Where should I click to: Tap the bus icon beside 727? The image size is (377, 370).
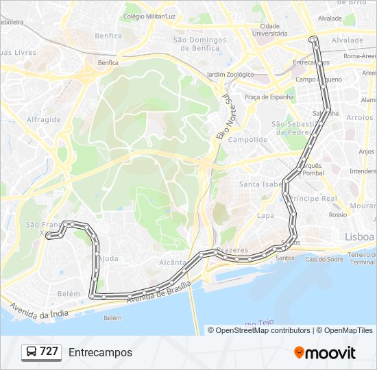tap(31, 352)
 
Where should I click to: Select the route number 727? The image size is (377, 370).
tap(49, 351)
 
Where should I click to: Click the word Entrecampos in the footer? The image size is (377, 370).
tap(100, 352)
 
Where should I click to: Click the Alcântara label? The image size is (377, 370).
tap(172, 262)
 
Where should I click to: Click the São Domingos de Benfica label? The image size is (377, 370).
tap(199, 44)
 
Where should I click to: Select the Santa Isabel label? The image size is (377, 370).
tap(260, 184)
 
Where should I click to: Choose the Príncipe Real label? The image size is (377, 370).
tap(313, 198)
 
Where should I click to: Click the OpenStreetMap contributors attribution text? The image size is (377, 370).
tap(263, 330)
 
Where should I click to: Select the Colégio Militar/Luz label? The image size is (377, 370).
tap(149, 15)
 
